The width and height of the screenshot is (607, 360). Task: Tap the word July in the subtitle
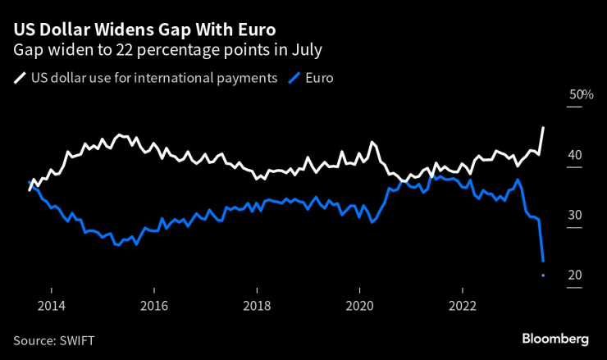(x=303, y=51)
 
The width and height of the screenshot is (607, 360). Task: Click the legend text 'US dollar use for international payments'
(x=153, y=79)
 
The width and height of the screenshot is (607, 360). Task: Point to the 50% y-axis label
(x=581, y=95)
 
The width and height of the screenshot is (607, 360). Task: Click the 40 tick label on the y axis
(x=575, y=155)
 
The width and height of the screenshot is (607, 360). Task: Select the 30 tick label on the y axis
(x=575, y=215)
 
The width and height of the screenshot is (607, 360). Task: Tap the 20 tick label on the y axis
(x=575, y=275)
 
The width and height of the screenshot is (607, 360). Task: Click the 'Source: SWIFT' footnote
(x=60, y=339)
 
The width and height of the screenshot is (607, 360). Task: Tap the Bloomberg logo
(x=555, y=339)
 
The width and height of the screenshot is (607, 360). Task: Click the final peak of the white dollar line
(x=543, y=128)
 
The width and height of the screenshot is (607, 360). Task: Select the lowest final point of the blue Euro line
(x=543, y=261)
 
